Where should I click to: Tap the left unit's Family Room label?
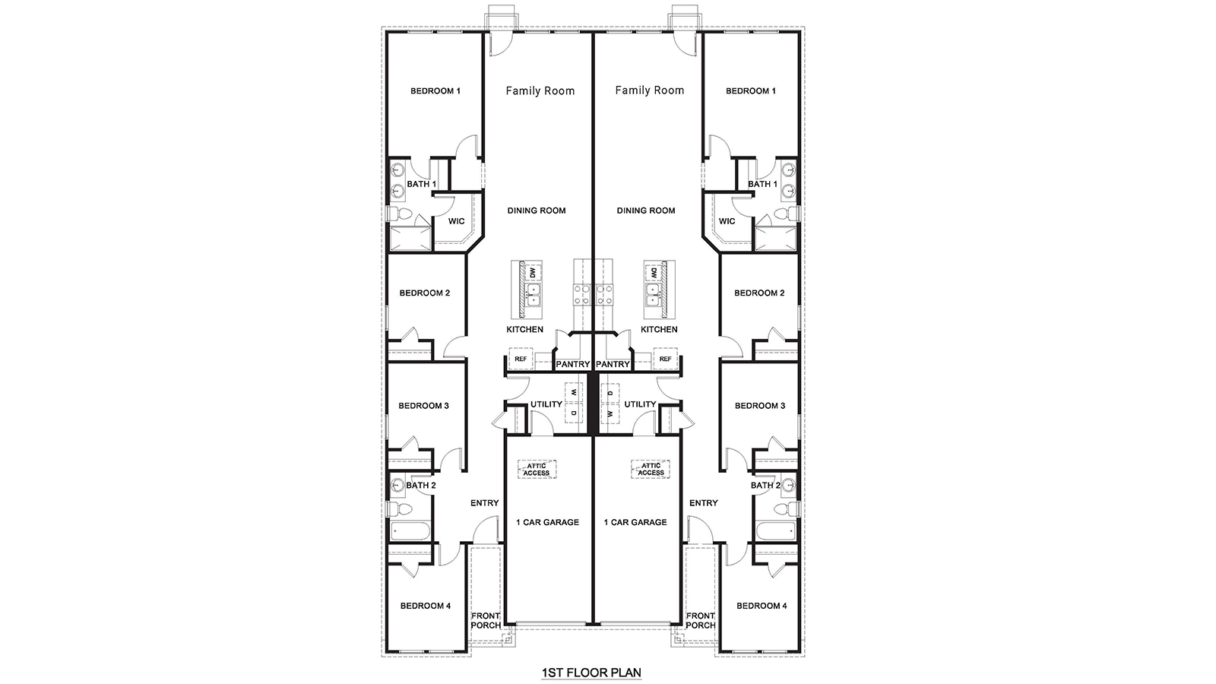coord(540,90)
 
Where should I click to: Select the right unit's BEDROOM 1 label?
coord(751,90)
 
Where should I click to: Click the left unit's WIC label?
coord(456,221)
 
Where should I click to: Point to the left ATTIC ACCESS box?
coord(537,469)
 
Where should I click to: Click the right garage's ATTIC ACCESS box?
coord(651,469)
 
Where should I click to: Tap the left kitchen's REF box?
coord(521,359)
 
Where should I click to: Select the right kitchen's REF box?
coord(665,359)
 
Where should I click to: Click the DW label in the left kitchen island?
coord(533,272)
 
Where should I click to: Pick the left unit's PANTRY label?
coord(572,364)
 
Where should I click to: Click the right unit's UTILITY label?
coord(640,404)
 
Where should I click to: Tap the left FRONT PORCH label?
coord(486,620)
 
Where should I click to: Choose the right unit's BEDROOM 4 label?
coord(762,606)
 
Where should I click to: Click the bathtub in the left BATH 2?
coord(410,530)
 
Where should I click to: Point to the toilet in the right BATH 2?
coord(792,508)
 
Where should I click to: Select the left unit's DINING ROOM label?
coord(537,211)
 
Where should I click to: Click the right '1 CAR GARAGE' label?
coord(635,522)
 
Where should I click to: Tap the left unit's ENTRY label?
coord(484,503)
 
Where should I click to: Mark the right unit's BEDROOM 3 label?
coord(760,406)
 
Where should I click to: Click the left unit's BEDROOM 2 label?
coord(425,293)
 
